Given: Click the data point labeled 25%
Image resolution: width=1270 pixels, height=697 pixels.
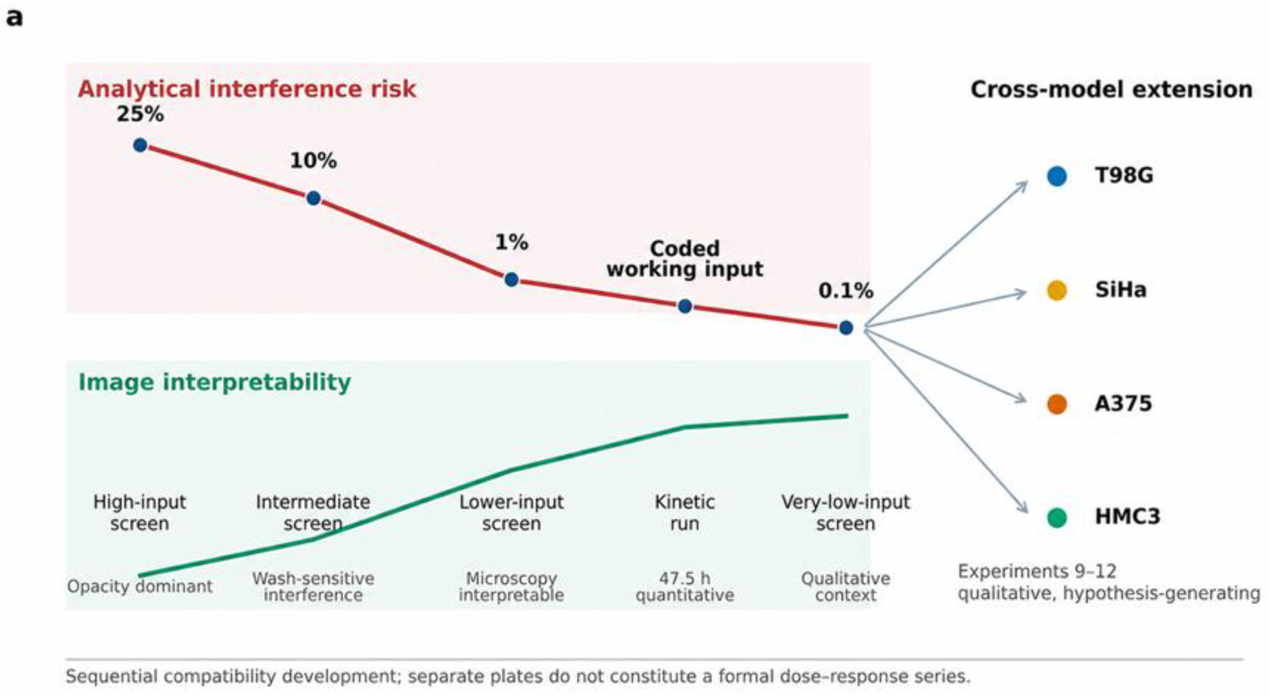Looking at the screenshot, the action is (x=140, y=145).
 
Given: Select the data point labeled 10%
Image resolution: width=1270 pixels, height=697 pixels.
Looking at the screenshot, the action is (x=313, y=198).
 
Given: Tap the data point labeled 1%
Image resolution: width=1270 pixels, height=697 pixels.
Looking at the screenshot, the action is (x=511, y=279).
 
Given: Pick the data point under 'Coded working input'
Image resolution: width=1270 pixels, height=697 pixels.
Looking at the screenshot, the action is (x=684, y=306).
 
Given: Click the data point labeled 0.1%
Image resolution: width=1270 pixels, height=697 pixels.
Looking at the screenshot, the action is (x=846, y=327).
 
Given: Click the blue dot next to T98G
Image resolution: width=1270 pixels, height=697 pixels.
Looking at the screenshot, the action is (x=1056, y=176).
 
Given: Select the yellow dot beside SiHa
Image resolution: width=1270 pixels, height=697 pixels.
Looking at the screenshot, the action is (x=1056, y=290).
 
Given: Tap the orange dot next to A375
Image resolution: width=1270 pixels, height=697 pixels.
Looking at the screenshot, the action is (x=1056, y=404).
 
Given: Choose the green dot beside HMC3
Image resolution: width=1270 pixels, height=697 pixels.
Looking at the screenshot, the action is (x=1056, y=517).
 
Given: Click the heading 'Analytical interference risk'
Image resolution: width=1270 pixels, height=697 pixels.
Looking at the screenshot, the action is (x=247, y=89).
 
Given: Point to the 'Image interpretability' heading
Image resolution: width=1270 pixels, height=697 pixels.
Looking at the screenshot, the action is (x=215, y=382).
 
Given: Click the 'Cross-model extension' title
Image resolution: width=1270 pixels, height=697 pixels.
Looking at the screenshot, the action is (x=1111, y=89).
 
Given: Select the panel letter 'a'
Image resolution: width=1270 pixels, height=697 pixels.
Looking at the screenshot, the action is (x=15, y=18).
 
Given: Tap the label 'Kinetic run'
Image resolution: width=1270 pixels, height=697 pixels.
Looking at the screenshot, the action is (x=684, y=512).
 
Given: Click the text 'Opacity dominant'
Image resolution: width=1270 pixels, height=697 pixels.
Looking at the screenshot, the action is (x=139, y=586).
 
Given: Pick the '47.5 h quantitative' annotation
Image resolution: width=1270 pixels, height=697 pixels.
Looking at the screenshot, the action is (x=684, y=587).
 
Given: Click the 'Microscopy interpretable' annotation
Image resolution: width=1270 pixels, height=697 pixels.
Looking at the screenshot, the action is (x=511, y=587).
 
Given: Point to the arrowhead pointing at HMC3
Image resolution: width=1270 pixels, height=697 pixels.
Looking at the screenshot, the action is (x=1022, y=507).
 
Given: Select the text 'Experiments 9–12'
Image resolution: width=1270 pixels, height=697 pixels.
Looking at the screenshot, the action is (x=1037, y=571).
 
